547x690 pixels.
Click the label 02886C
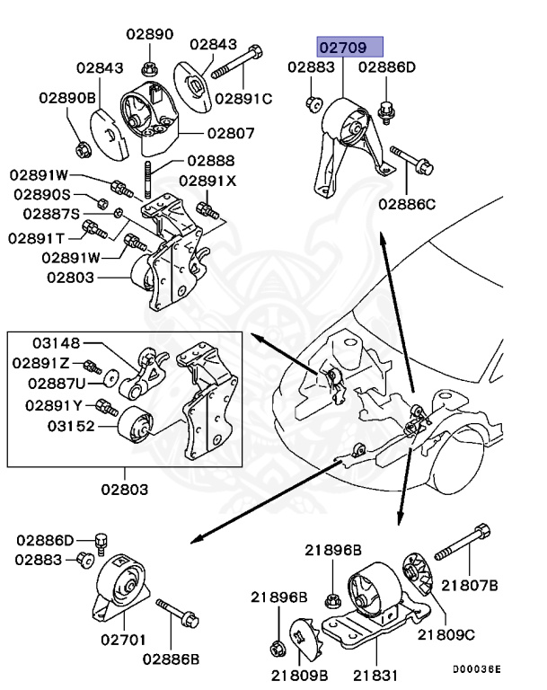click(406, 205)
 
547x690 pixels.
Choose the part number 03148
click(57, 343)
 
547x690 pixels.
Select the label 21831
click(375, 672)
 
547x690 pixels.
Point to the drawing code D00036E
click(476, 669)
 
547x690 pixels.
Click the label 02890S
click(41, 195)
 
